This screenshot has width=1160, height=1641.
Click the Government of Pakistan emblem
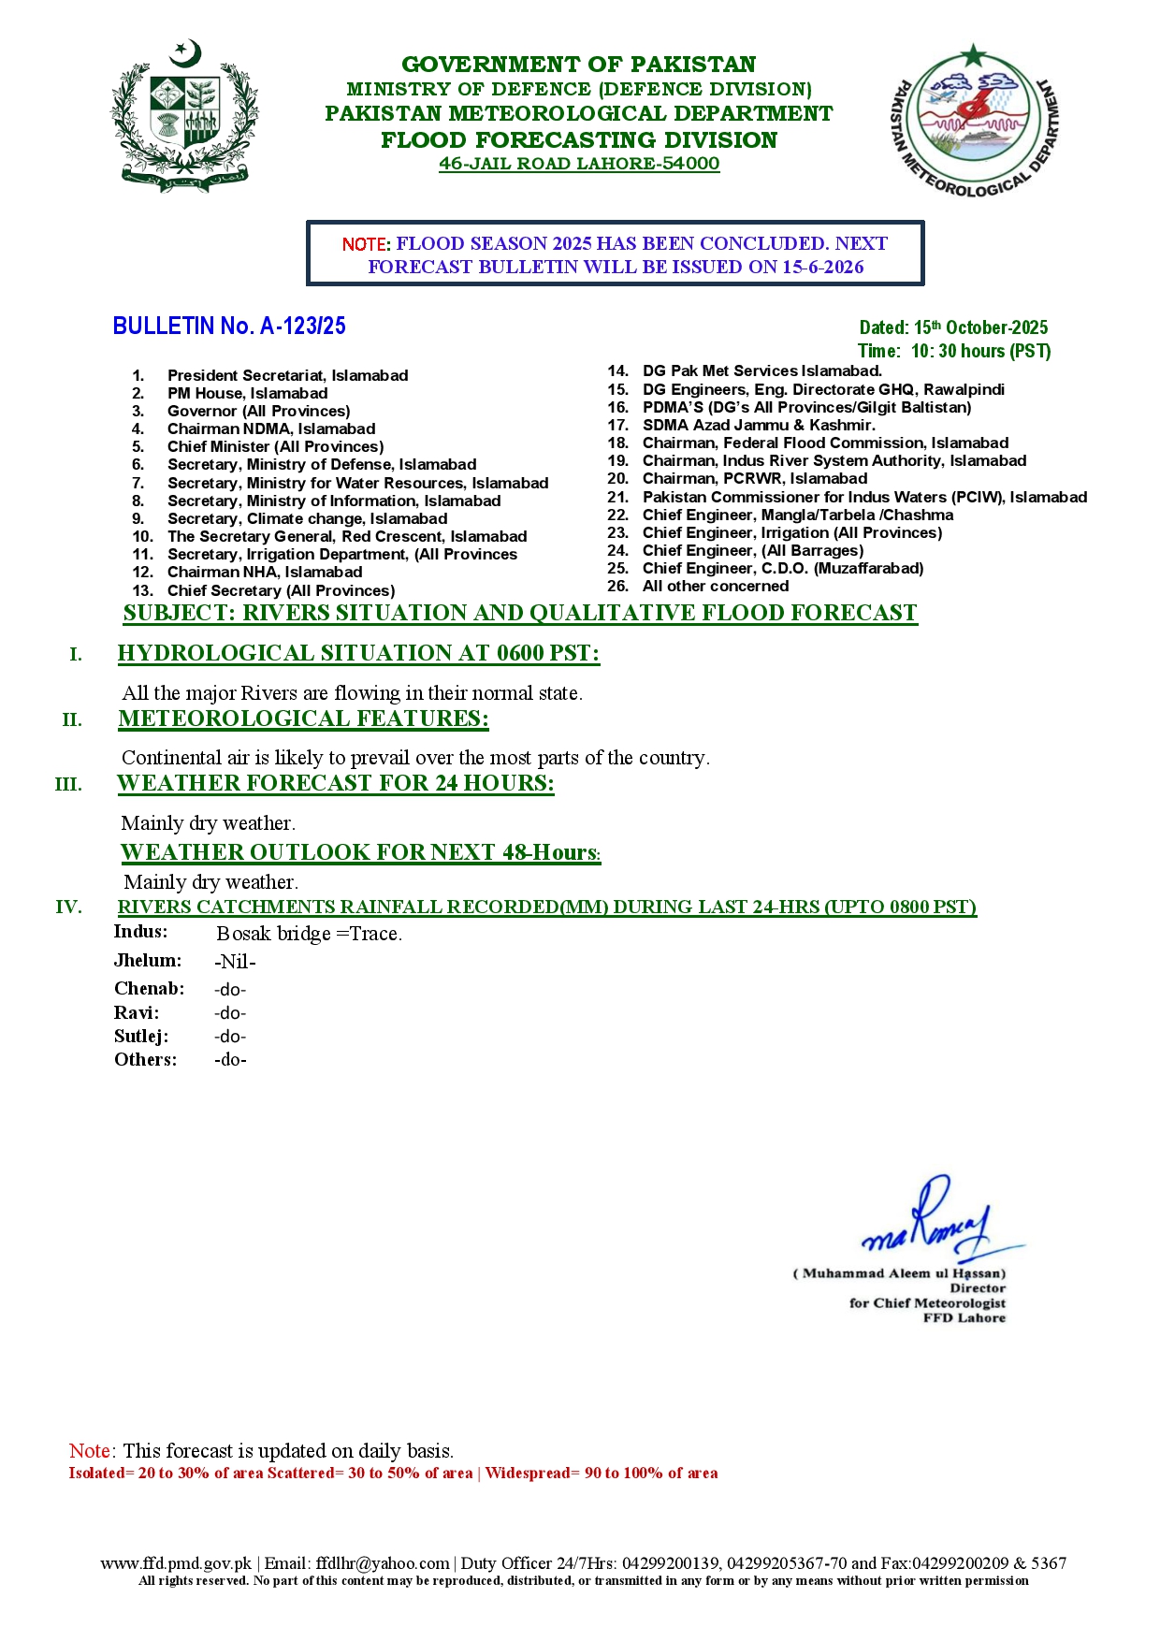coord(185,116)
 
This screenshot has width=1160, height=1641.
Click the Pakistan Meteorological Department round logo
coord(974,121)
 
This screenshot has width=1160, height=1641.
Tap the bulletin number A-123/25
coord(229,326)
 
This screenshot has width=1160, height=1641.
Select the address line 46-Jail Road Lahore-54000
coord(579,164)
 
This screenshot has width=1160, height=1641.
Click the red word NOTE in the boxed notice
coord(364,244)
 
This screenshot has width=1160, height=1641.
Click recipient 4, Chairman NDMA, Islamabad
coord(271,428)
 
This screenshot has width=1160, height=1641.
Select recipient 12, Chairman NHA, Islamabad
coord(265,572)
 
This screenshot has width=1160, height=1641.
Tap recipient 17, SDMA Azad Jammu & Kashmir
coord(759,425)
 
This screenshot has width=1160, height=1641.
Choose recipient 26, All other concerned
coord(716,586)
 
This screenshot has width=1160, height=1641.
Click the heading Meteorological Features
coord(303,719)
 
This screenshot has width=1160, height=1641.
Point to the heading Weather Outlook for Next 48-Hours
coord(360,852)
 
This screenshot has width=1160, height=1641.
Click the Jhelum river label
coord(148,961)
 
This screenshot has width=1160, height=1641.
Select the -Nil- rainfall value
coord(235,962)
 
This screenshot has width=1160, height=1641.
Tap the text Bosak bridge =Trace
coord(309,934)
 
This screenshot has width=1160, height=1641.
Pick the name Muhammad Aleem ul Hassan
coord(899,1273)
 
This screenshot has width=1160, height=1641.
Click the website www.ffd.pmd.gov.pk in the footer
coord(176,1563)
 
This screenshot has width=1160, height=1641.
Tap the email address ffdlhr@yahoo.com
coord(383,1563)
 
